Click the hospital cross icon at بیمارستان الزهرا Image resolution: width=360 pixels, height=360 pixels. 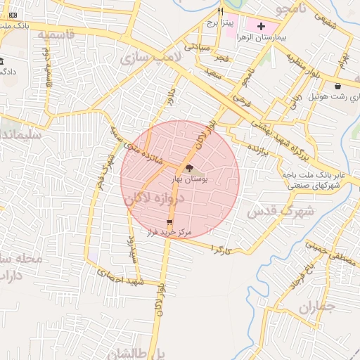point(261,25)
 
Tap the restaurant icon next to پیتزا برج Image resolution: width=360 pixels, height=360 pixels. point(221,11)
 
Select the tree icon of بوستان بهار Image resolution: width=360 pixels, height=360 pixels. point(188,167)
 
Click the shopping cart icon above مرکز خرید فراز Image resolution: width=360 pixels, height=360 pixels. point(169,221)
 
